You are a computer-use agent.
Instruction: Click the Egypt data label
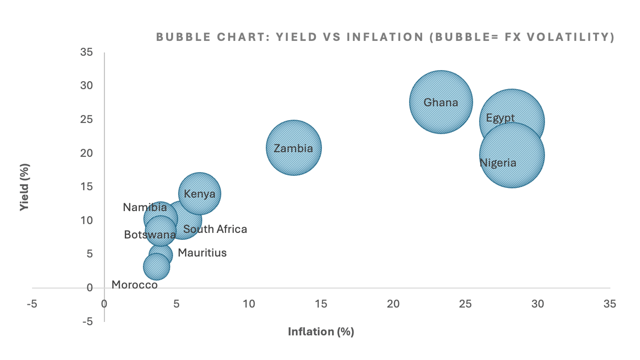pyautogui.click(x=500, y=118)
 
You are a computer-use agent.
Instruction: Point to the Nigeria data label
pyautogui.click(x=498, y=163)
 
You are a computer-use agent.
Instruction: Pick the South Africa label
pyautogui.click(x=215, y=229)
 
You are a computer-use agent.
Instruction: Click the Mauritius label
pyautogui.click(x=202, y=253)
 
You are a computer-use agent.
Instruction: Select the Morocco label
pyautogui.click(x=134, y=285)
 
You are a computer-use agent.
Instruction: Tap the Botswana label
pyautogui.click(x=150, y=235)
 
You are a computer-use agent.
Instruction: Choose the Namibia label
pyautogui.click(x=145, y=207)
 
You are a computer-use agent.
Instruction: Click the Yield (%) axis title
pyautogui.click(x=24, y=187)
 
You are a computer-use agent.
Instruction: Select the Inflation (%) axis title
pyautogui.click(x=321, y=332)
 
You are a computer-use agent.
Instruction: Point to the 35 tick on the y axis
pyautogui.click(x=86, y=52)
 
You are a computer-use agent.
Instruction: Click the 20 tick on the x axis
pyautogui.click(x=393, y=304)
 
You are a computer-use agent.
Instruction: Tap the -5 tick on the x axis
pyautogui.click(x=32, y=304)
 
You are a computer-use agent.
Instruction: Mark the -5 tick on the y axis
pyautogui.click(x=87, y=321)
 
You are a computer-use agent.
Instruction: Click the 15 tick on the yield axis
pyautogui.click(x=86, y=186)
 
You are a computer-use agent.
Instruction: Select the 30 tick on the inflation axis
pyautogui.click(x=537, y=304)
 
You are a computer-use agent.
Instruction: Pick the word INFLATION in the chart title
pyautogui.click(x=385, y=37)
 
